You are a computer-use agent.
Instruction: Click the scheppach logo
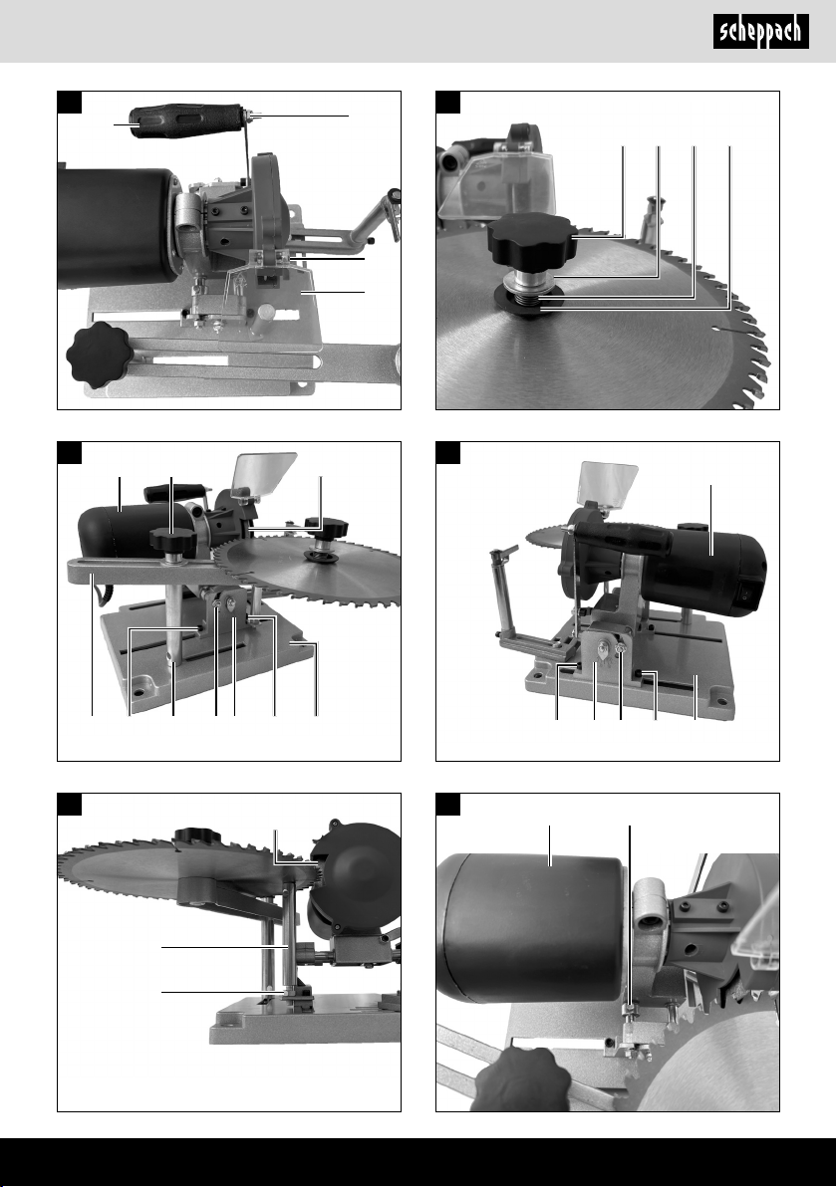760,33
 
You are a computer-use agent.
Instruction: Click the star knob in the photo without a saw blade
100,355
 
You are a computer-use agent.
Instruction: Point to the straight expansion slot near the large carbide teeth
731,330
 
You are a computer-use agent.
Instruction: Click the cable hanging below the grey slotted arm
95,602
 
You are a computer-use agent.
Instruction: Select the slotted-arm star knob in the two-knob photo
173,539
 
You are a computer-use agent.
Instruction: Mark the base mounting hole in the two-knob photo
139,692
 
